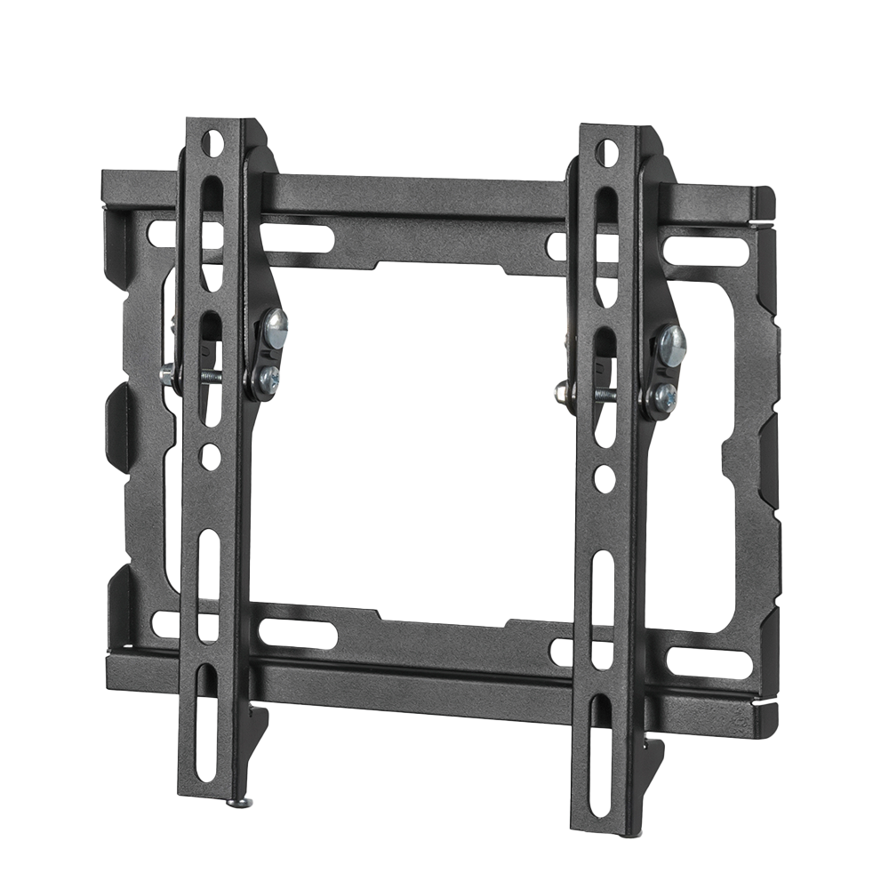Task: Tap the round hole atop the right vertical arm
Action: (x=606, y=152)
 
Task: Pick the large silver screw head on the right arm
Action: (x=672, y=346)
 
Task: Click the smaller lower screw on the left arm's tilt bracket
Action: (x=268, y=378)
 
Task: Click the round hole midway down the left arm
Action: (x=211, y=457)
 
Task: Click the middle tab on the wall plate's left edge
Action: (x=120, y=427)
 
